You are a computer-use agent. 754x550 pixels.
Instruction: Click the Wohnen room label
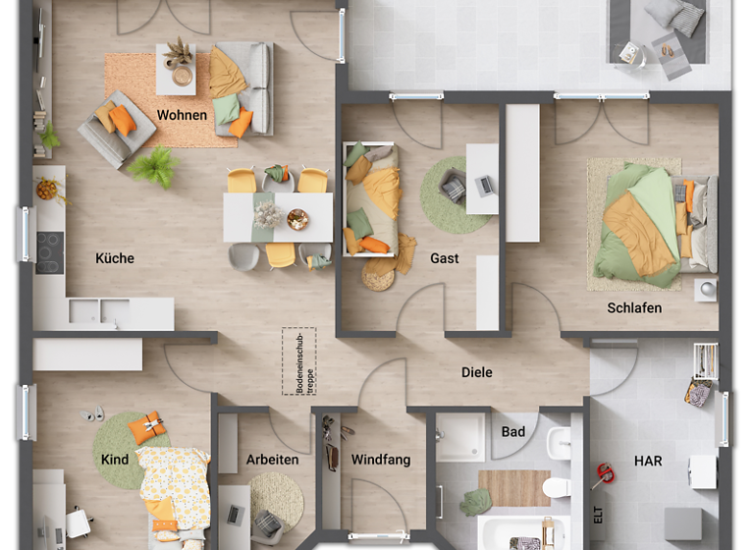coord(182,115)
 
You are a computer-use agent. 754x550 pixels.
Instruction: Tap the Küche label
coord(115,258)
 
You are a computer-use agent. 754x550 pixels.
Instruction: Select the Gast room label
coord(444,258)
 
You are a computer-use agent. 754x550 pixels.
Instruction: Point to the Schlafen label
coord(634,307)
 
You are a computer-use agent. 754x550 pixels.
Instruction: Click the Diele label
coord(477,372)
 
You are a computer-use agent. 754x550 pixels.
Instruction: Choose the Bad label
coord(512,431)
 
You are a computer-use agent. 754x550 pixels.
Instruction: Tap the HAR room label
coord(648,460)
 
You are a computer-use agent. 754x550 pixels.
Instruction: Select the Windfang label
coord(381,460)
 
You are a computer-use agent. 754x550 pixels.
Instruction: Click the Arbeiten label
coord(273,460)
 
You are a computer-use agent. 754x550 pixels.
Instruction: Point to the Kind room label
coord(115,459)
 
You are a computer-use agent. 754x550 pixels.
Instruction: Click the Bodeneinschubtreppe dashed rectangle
coord(298,361)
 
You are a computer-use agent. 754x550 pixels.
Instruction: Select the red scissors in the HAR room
coord(603,477)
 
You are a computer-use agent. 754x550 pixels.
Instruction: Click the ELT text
coord(597,515)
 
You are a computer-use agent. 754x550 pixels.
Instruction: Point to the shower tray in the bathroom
coord(460,437)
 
